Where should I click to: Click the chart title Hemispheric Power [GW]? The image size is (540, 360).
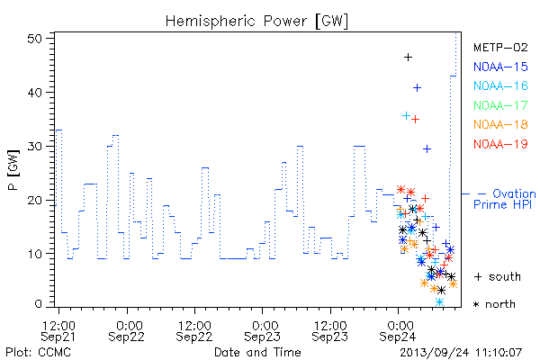(256, 22)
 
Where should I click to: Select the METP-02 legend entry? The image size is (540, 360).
(500, 48)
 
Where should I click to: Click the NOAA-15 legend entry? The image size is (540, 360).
(500, 67)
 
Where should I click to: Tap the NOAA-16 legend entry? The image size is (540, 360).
(500, 85)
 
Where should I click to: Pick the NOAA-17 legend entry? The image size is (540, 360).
(500, 105)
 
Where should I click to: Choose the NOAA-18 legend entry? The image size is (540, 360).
(500, 124)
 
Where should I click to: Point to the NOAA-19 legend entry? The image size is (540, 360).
(500, 144)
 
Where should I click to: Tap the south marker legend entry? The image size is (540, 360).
(498, 276)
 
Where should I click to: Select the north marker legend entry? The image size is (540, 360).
(494, 304)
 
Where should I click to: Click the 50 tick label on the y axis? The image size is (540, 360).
(34, 38)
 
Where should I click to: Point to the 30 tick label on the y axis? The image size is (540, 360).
(34, 146)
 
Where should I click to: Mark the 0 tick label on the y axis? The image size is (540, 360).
(39, 303)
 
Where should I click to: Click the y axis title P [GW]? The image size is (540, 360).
(13, 170)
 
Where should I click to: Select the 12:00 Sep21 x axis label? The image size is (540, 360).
(58, 330)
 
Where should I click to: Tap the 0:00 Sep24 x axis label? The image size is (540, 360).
(398, 330)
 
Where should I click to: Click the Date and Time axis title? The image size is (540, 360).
(257, 352)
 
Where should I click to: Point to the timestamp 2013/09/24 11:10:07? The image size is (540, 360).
(461, 353)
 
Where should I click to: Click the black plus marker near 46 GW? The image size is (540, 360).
(408, 58)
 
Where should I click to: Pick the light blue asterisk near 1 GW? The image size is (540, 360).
(439, 302)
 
